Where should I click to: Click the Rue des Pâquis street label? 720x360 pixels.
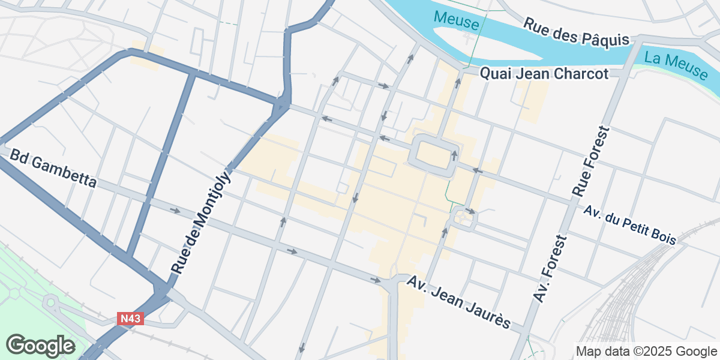tap(575, 32)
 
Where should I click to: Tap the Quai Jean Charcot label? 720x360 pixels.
tap(544, 74)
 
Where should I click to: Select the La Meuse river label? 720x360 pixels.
tap(676, 65)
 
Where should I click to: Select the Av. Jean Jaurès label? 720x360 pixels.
tap(458, 302)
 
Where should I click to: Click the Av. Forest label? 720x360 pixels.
tap(550, 269)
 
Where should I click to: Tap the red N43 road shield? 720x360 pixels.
tap(130, 319)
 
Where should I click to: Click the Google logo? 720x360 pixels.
tap(40, 346)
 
